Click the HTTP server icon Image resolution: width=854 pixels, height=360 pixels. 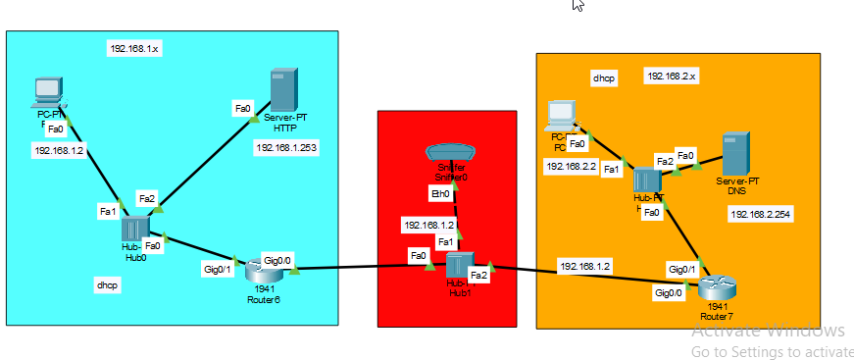coord(283,89)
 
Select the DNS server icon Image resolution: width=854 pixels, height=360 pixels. coord(736,153)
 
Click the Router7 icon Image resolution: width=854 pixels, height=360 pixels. coord(717,287)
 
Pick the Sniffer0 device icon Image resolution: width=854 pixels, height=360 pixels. coord(451,153)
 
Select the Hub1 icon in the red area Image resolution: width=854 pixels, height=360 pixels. coord(459,266)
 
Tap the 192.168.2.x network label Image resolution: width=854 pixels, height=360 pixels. coord(671,76)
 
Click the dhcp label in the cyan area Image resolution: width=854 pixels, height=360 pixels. coord(107,284)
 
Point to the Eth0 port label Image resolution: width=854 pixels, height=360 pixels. coord(441,194)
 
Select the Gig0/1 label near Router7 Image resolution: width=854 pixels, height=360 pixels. coord(682,269)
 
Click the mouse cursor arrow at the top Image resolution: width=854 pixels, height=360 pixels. coord(578,4)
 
